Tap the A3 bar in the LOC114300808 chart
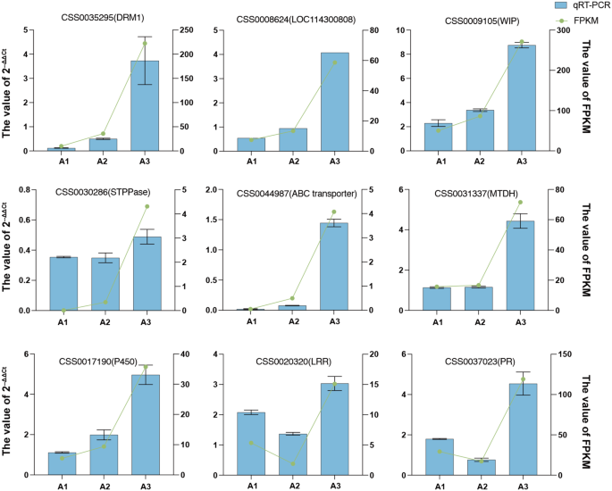click(335, 102)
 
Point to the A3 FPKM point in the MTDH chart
click(521, 203)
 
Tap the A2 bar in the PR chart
click(481, 465)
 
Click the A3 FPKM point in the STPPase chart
click(147, 206)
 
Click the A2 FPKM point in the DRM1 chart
click(104, 134)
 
